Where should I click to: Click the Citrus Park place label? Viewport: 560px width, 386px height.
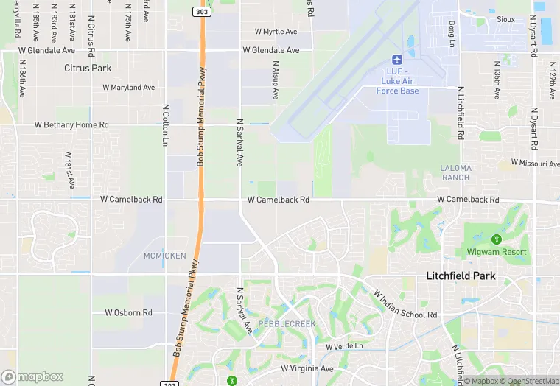tap(88, 69)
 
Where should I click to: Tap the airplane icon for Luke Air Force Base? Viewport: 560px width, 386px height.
tap(397, 59)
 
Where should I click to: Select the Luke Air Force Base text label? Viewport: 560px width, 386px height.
tap(397, 81)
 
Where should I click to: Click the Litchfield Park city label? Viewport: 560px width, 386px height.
tap(461, 276)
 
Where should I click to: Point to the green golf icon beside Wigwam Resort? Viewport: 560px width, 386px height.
tap(497, 239)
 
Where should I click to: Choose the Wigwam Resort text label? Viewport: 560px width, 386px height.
tap(497, 252)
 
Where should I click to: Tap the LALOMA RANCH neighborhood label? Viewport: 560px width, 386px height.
tap(455, 172)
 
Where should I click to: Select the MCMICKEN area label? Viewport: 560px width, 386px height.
tap(165, 256)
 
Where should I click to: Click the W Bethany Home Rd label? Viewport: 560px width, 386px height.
tap(71, 125)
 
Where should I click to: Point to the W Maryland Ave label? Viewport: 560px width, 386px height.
tap(129, 87)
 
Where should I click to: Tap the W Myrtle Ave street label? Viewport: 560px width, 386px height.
tap(276, 32)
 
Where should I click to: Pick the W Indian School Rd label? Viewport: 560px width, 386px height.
tap(405, 303)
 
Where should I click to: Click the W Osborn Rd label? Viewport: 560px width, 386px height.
tap(128, 313)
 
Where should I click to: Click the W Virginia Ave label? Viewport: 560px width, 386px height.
tap(307, 368)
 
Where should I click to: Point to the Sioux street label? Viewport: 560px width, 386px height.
tap(505, 19)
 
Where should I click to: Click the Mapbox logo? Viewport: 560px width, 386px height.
tap(32, 376)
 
